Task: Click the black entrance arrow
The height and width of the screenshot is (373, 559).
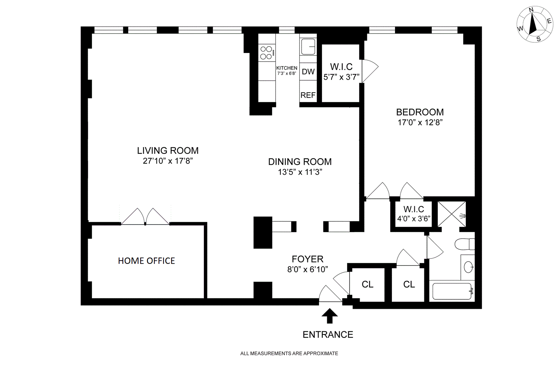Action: [329, 316]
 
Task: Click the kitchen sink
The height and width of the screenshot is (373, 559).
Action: [308, 47]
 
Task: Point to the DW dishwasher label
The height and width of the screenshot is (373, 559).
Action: [308, 72]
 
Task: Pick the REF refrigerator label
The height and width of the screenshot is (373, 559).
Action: [308, 95]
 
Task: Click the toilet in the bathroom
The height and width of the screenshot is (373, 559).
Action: [465, 244]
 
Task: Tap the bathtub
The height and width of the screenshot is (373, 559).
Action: [452, 291]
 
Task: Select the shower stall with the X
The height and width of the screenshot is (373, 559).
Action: [452, 214]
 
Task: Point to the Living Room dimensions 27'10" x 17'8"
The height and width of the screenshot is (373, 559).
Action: [168, 161]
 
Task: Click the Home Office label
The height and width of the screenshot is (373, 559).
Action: [146, 261]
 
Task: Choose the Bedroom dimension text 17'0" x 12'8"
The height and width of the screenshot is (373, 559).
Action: [420, 122]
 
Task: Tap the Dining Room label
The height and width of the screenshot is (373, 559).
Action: [300, 162]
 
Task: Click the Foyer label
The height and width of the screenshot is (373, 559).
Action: [307, 259]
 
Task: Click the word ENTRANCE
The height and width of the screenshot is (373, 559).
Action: [328, 335]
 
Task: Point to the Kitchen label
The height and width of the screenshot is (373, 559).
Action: [287, 68]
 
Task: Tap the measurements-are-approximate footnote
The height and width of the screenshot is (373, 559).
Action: [289, 353]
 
